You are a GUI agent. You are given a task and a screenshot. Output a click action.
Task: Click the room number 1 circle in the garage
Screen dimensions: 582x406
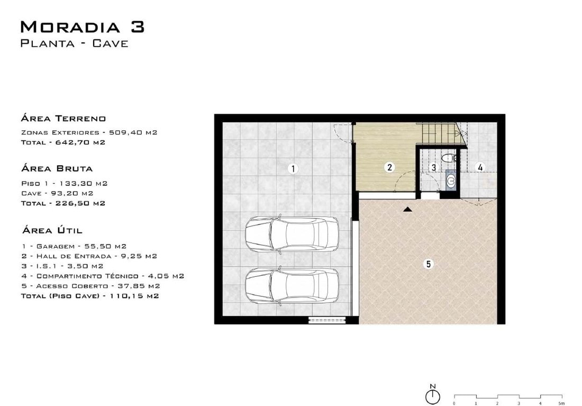pos(293,169)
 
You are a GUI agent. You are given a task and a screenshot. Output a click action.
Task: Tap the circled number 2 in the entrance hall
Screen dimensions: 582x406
pos(389,167)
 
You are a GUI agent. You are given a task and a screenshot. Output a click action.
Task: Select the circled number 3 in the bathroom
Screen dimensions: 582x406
pos(433,167)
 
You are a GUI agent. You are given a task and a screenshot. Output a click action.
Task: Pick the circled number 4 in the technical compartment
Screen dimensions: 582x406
pos(480,167)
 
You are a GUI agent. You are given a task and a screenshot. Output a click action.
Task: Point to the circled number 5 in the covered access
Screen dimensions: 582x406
pos(429,264)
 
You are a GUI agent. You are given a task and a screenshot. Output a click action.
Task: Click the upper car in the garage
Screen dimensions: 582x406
pos(292,234)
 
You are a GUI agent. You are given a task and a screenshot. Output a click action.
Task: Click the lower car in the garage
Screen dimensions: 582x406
pos(292,286)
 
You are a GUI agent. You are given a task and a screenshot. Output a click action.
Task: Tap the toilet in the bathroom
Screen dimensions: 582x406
pos(450,158)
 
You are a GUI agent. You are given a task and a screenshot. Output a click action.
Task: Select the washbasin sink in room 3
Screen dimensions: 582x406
pos(451,181)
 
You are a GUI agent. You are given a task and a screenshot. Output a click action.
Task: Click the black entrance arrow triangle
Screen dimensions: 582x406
pos(408,210)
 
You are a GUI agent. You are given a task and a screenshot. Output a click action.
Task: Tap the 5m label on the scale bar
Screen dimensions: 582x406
pos(561,403)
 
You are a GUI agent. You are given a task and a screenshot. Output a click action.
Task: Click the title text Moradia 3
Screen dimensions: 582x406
pos(83,27)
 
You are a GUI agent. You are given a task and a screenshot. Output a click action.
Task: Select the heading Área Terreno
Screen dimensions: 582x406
pos(63,119)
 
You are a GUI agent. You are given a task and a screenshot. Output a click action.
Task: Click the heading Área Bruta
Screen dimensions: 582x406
pos(57,168)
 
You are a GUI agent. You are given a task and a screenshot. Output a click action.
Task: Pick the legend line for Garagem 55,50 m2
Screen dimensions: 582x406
pos(74,246)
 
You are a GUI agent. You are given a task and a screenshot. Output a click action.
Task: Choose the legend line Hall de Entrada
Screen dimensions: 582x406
pos(89,256)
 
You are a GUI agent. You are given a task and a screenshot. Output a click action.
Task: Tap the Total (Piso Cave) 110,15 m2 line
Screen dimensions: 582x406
pos(90,296)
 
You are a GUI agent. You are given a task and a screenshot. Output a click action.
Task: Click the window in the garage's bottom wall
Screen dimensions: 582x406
pos(327,320)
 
